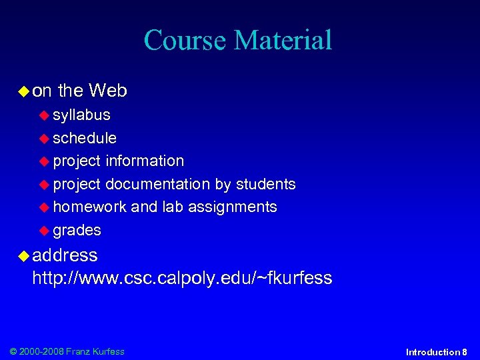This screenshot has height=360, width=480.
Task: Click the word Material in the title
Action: [283, 40]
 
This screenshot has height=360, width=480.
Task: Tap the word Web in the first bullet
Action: [107, 90]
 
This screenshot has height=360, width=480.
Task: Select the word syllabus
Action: [81, 115]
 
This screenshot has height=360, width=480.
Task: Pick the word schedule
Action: [85, 138]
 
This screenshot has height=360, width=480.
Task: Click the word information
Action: [145, 161]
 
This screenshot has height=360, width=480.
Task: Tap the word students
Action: [266, 184]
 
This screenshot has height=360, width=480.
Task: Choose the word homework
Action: [89, 207]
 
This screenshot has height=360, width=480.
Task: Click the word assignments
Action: [232, 207]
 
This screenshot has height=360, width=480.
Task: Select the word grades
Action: [77, 231]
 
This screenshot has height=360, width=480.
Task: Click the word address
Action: [65, 255]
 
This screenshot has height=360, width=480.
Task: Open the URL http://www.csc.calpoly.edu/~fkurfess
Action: [182, 278]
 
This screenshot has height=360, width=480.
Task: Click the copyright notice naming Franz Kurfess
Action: [67, 351]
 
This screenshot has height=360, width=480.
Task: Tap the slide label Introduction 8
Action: [436, 352]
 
